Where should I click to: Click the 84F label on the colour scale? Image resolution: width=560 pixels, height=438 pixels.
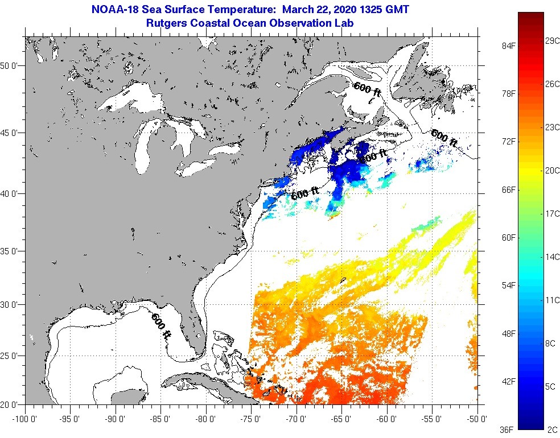[x=508, y=46]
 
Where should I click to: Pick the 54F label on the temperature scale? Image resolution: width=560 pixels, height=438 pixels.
[x=508, y=285]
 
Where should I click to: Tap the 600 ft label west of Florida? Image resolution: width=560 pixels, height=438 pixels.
[x=161, y=326]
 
